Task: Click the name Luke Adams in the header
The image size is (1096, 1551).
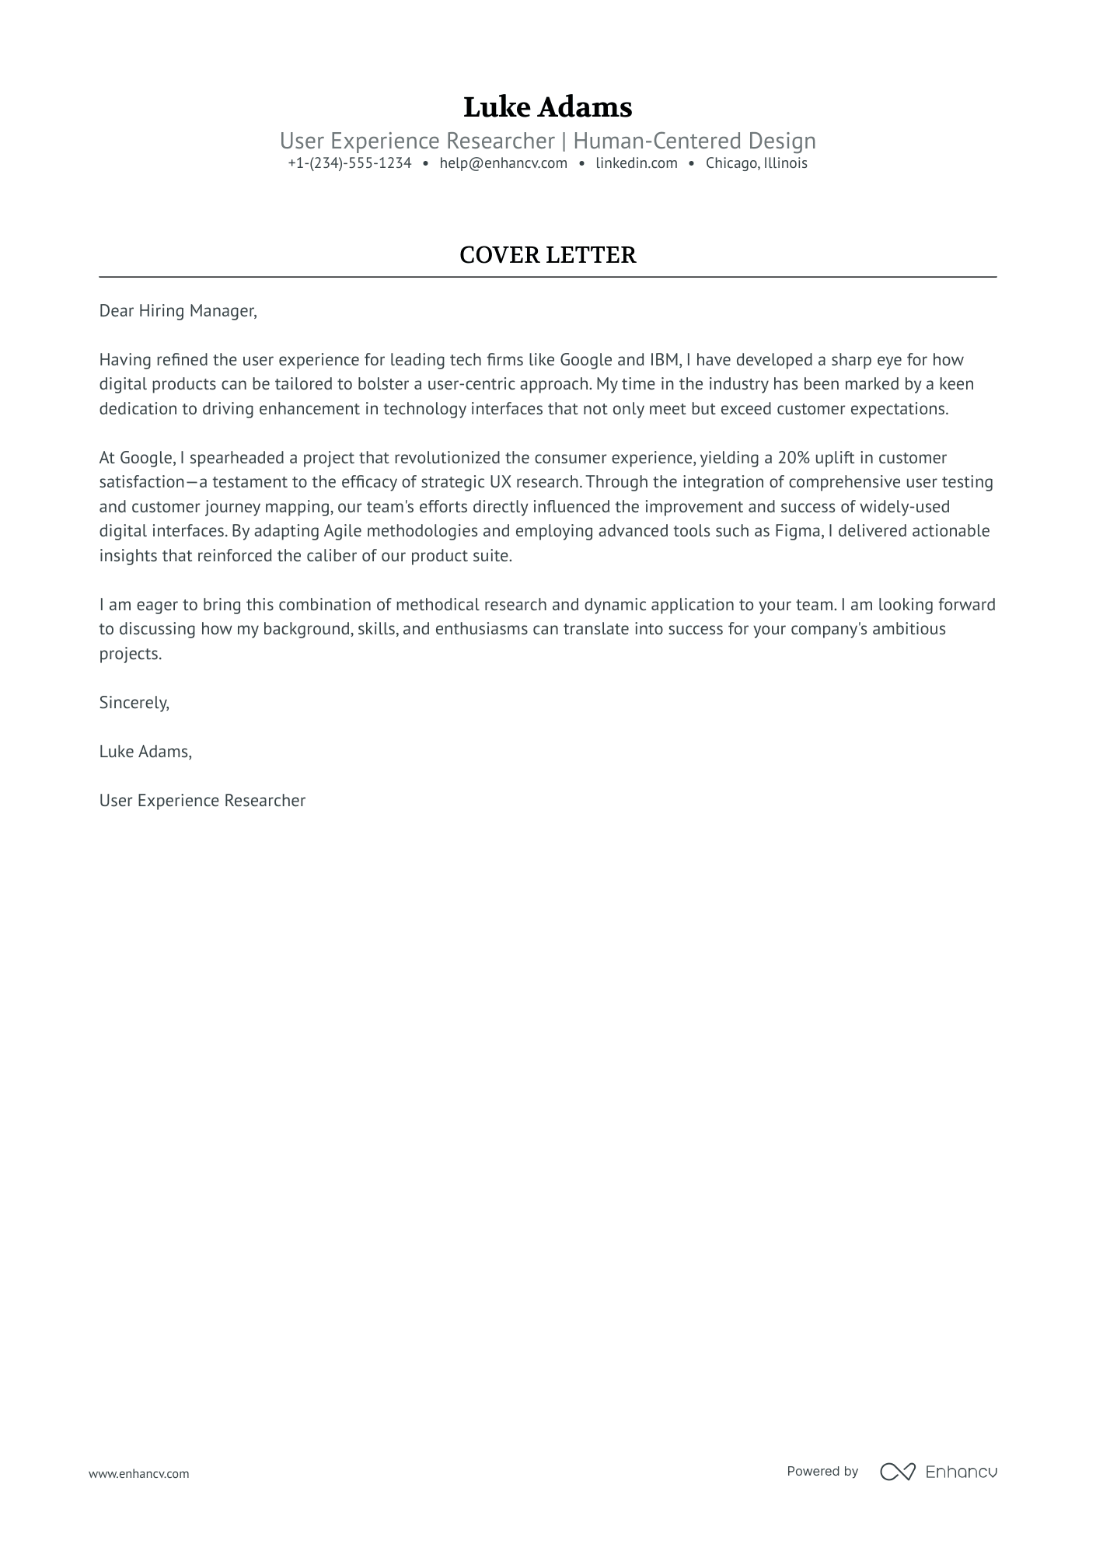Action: (x=547, y=107)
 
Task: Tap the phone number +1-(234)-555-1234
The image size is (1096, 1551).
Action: (x=349, y=163)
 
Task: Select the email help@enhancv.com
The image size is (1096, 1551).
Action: (x=503, y=163)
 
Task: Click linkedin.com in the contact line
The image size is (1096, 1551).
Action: (x=637, y=163)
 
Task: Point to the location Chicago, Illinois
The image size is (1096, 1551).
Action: (x=756, y=163)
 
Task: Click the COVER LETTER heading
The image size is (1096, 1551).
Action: (x=547, y=255)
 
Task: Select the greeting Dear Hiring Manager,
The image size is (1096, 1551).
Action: (x=178, y=311)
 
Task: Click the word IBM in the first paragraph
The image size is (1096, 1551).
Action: (x=665, y=360)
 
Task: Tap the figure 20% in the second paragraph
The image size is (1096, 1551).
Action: (x=794, y=458)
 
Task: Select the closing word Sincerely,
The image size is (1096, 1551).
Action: (x=134, y=703)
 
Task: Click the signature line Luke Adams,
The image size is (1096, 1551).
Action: (x=145, y=752)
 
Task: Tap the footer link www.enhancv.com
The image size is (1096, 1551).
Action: (x=139, y=1473)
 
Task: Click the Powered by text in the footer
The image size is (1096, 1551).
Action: (x=822, y=1471)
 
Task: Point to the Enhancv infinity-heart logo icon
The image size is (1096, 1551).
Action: (x=898, y=1472)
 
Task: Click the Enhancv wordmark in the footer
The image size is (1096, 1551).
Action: (x=962, y=1472)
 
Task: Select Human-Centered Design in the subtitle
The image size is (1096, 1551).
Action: (x=694, y=141)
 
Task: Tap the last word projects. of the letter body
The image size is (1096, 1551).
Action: (x=131, y=654)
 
